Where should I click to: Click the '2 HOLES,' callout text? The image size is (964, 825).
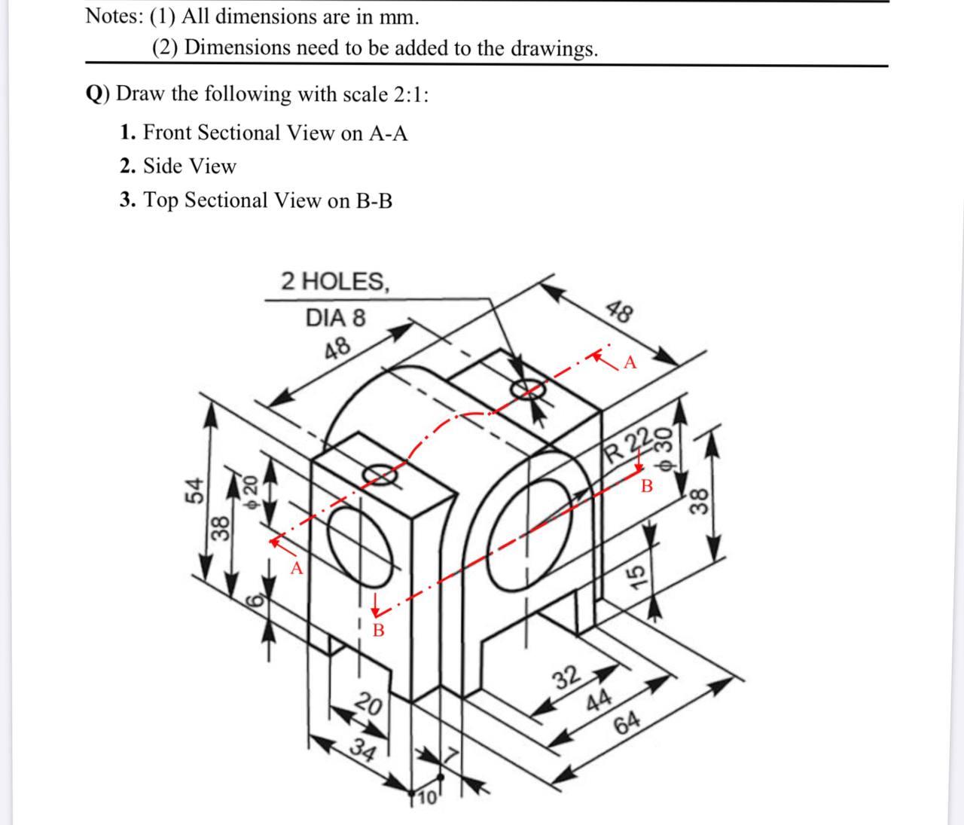(336, 282)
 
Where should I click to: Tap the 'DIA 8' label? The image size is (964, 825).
(335, 318)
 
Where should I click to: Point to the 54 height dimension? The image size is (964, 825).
(194, 490)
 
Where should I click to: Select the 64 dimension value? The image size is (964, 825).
(627, 723)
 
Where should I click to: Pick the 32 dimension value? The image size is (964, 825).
(567, 677)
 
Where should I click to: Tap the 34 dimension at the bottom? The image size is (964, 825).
(364, 752)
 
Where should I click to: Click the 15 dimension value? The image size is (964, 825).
(636, 576)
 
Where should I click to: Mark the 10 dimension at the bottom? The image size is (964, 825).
(427, 798)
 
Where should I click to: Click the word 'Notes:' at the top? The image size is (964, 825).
(109, 16)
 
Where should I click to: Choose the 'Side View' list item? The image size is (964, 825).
(189, 166)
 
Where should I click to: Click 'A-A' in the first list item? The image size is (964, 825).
(388, 133)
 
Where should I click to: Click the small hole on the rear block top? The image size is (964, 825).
(527, 389)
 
